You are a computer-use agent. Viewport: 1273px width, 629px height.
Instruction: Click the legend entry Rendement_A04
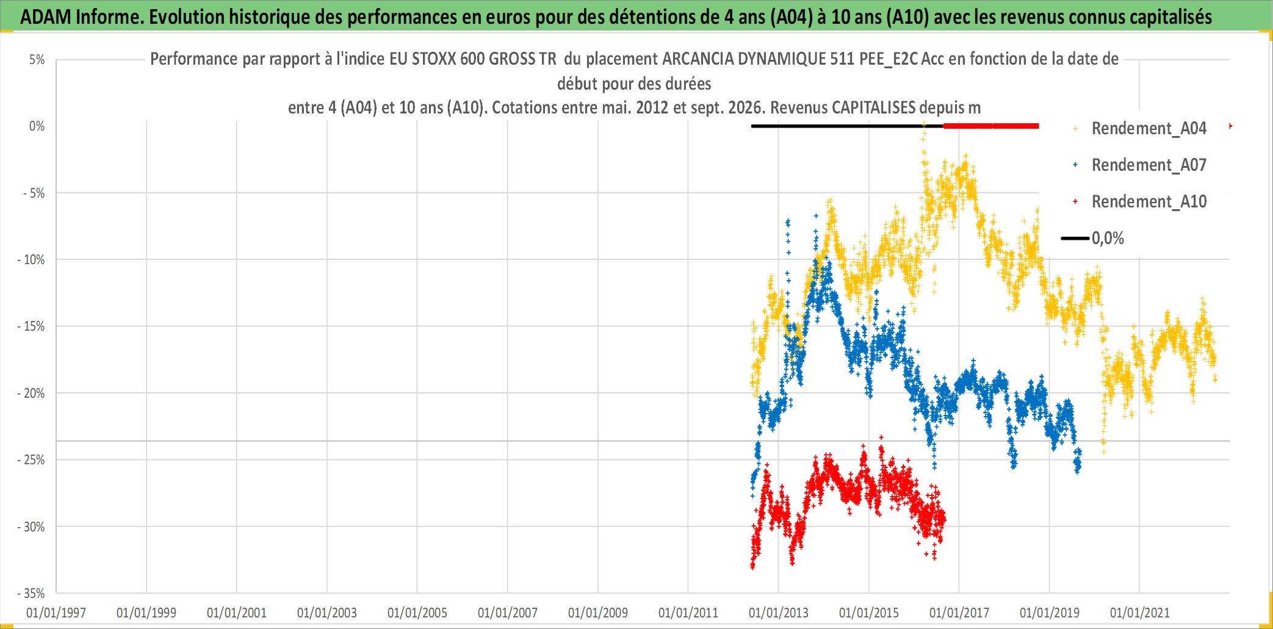pyautogui.click(x=1149, y=129)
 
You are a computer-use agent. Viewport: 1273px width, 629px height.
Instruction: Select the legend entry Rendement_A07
pyautogui.click(x=1149, y=165)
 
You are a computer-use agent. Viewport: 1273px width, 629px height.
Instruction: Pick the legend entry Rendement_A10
pyautogui.click(x=1149, y=202)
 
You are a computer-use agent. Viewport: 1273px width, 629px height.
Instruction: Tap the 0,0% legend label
pyautogui.click(x=1108, y=239)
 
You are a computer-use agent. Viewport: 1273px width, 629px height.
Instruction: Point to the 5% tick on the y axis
pyautogui.click(x=37, y=60)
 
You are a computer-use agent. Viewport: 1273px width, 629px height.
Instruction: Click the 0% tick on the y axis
pyautogui.click(x=37, y=126)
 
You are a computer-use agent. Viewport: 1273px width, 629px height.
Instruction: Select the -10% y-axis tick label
pyautogui.click(x=32, y=260)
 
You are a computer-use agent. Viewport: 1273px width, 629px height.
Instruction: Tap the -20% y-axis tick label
pyautogui.click(x=32, y=394)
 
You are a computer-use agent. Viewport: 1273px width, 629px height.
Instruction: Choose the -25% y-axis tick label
pyautogui.click(x=32, y=460)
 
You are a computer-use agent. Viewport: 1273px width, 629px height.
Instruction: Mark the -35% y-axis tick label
pyautogui.click(x=32, y=594)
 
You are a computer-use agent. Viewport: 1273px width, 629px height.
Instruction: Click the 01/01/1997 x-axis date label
pyautogui.click(x=56, y=613)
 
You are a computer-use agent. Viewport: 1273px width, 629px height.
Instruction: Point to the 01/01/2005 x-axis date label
pyautogui.click(x=417, y=613)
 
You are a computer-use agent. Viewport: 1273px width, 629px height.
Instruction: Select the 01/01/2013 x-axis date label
pyautogui.click(x=779, y=613)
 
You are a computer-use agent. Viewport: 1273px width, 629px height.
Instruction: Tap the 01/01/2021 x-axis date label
pyautogui.click(x=1140, y=613)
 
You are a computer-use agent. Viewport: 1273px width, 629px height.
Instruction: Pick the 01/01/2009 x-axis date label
pyautogui.click(x=598, y=613)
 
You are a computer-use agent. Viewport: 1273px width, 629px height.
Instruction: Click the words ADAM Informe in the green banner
pyautogui.click(x=81, y=17)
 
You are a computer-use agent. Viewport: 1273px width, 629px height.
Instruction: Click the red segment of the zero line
pyautogui.click(x=991, y=126)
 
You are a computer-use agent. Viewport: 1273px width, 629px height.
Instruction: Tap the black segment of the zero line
pyautogui.click(x=847, y=126)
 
